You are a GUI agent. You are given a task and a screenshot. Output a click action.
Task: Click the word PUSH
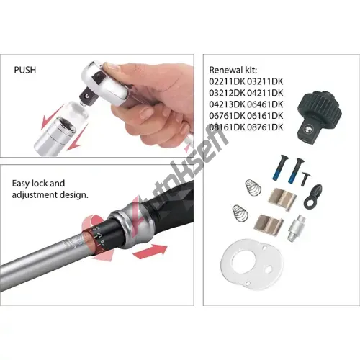[25, 70]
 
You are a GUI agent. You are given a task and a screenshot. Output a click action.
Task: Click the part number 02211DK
[227, 81]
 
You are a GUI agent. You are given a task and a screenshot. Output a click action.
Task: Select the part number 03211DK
[265, 81]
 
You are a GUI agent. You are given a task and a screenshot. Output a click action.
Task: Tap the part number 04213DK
[227, 104]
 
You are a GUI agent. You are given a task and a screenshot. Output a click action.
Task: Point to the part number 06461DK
[265, 104]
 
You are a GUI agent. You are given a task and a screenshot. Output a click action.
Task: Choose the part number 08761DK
[265, 127]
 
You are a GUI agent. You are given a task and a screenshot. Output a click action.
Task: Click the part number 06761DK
[227, 116]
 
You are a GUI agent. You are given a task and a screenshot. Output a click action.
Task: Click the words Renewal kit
[233, 70]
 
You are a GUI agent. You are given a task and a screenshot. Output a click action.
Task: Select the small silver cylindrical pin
[297, 228]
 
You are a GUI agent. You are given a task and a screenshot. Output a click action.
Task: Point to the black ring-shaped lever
[312, 196]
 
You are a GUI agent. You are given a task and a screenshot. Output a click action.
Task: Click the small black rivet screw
[305, 179]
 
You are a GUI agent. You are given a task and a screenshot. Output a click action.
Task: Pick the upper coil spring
[253, 187]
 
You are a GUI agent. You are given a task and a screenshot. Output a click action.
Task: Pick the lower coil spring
[240, 212]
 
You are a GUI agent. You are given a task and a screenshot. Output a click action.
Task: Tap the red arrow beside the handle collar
[150, 251]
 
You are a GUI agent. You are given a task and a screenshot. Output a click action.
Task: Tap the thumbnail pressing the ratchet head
[112, 66]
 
